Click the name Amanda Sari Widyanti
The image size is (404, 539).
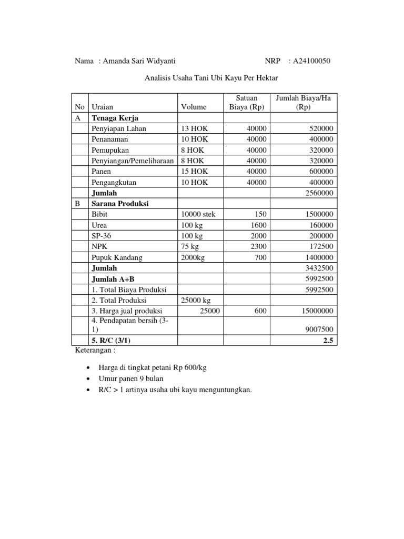click(143, 61)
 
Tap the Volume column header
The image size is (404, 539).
click(194, 107)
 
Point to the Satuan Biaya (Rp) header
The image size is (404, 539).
click(247, 102)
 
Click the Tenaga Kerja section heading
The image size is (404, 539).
click(115, 118)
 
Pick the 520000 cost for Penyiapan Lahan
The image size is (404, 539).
click(320, 128)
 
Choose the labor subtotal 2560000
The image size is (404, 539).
click(319, 193)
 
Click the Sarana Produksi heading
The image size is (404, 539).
click(119, 204)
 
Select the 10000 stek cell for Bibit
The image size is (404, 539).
click(198, 214)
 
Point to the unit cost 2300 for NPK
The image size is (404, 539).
click(259, 246)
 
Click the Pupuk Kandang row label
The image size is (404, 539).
click(117, 257)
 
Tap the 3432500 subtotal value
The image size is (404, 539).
click(319, 268)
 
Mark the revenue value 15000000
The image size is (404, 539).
click(317, 311)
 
